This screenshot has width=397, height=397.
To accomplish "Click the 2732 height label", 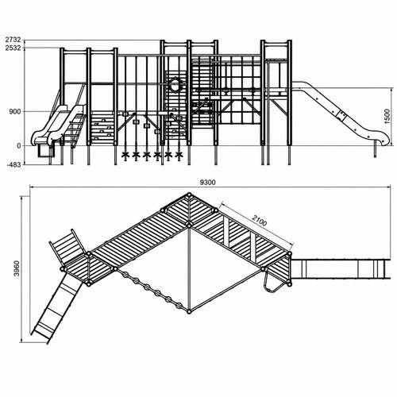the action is point(13,40).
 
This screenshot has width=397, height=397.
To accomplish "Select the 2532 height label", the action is point(13,48).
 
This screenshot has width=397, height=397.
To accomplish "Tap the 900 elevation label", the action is point(15,112).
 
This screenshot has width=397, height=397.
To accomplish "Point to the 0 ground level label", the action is point(18,146).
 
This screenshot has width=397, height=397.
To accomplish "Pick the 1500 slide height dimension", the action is point(387,117).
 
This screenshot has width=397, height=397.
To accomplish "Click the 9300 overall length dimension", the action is point(208,183).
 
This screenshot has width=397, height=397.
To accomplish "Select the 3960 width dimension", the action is point(17,268).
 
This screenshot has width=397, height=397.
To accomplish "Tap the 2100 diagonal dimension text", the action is point(260,221).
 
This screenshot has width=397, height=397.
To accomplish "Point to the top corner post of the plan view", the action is point(189,195).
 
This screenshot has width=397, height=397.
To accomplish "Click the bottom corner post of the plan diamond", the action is point(189,312).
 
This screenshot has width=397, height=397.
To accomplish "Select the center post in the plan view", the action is point(189,225).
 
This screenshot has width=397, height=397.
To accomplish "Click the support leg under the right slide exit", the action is point(375,149).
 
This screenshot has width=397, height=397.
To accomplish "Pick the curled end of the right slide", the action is point(385,140).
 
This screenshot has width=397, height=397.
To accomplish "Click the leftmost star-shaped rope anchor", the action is point(125,155).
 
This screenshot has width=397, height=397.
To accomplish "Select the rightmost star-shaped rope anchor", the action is point(179,155).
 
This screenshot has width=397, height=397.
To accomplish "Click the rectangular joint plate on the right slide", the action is point(341,115).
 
